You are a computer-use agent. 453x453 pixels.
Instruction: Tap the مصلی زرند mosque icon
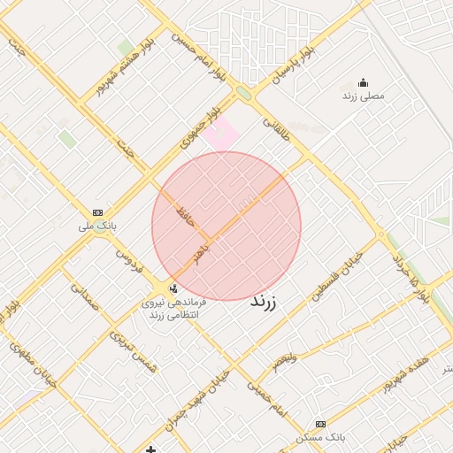click(364, 82)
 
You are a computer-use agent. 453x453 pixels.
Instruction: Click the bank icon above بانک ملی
click(97, 212)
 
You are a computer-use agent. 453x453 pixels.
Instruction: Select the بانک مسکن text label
click(321, 437)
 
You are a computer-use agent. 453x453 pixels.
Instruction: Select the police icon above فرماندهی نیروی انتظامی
click(173, 288)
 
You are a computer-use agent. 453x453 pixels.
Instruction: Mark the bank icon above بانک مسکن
click(320, 424)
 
